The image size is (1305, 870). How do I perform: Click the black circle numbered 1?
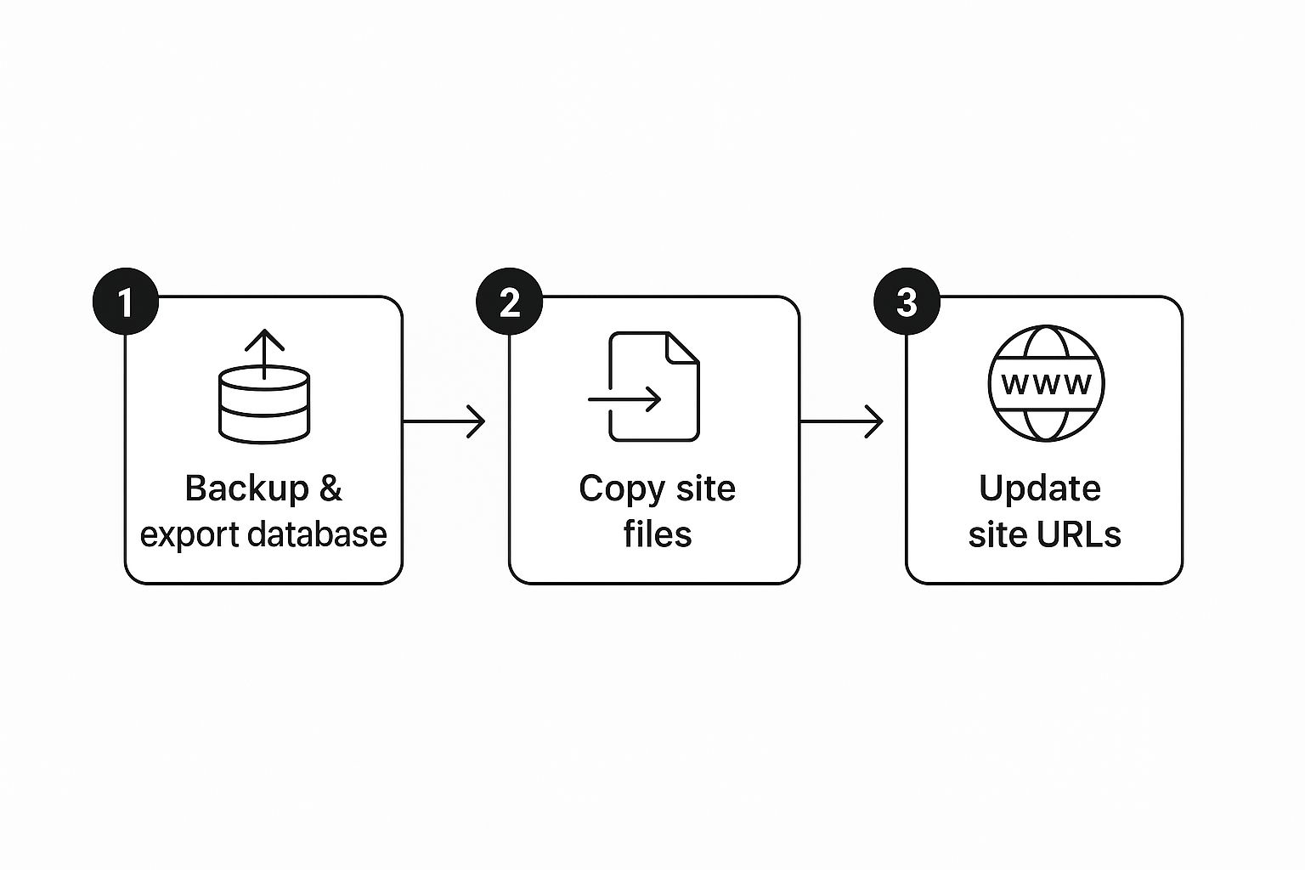[x=126, y=302]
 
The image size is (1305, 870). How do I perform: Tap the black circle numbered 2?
[x=510, y=302]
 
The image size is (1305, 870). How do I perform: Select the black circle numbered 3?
[x=907, y=302]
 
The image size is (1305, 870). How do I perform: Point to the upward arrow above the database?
[x=264, y=354]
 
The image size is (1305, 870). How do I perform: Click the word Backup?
[x=247, y=489]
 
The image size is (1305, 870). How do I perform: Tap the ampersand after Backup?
[x=330, y=489]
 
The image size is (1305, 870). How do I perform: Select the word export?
[x=190, y=535]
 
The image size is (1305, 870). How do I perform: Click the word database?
[x=318, y=534]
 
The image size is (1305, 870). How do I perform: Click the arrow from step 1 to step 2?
[x=444, y=421]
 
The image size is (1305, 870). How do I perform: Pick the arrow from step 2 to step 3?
[x=842, y=421]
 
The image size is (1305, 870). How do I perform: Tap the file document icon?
[x=654, y=387]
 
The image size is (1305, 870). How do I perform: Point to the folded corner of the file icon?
[x=683, y=348]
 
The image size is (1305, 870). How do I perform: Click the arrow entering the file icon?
[x=624, y=400]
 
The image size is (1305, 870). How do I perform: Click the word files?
[x=658, y=534]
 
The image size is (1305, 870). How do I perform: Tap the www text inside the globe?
[x=1047, y=383]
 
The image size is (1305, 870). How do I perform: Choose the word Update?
[x=1040, y=489]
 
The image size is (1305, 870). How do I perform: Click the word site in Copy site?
[x=705, y=488]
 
